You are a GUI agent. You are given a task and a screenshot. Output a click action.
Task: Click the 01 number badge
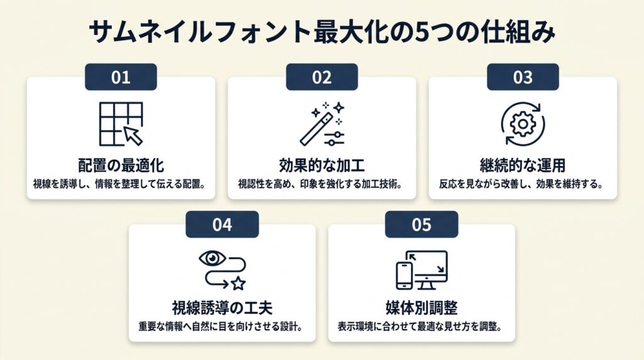[121, 77]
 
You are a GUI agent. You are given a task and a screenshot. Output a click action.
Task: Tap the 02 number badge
[321, 77]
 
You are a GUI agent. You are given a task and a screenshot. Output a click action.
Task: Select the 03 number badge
[523, 77]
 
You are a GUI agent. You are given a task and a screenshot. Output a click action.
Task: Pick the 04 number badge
[222, 225]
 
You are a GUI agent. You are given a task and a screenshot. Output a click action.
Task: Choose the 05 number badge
[421, 225]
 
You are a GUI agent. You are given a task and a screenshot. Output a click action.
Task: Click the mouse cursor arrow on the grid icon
[133, 135]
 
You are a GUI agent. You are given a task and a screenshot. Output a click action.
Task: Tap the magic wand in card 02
[316, 130]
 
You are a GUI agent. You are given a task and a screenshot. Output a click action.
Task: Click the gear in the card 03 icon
[523, 124]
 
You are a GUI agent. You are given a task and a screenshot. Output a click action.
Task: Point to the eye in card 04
[213, 258]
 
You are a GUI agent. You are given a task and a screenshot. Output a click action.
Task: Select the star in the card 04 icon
[238, 283]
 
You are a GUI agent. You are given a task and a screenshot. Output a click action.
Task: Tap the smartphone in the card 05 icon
[404, 276]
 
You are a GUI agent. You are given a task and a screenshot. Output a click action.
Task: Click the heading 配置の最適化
[121, 166]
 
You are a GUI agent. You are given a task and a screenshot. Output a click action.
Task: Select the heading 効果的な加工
[321, 166]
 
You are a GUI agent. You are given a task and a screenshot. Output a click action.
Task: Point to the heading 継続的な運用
[523, 166]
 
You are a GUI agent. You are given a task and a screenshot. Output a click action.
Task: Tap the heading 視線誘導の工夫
[222, 308]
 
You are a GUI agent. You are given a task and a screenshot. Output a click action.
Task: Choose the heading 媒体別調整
[421, 308]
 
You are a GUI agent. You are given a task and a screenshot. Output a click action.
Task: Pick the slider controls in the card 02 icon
[334, 138]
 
